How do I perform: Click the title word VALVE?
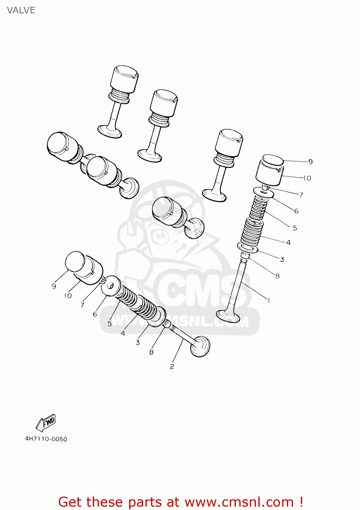pos(21,10)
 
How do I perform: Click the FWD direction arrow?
pos(46,423)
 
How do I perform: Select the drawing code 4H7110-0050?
pos(46,439)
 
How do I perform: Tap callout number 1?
pos(269,300)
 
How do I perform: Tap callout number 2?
pos(172,367)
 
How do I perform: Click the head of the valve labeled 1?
pos(228,316)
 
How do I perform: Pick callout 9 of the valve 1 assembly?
pos(310,162)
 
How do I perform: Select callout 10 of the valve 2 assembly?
pos(68,296)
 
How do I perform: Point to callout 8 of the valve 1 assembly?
pos(277,276)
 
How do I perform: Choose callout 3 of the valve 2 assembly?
pos(138,342)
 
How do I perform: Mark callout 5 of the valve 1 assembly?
pos(295,228)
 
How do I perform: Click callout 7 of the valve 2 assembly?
pos(82,305)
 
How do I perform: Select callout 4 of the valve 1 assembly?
pos(288,242)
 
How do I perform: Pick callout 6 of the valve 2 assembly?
pos(95,314)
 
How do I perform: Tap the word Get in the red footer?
pos(73,502)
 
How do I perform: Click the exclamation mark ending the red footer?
pos(301,502)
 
